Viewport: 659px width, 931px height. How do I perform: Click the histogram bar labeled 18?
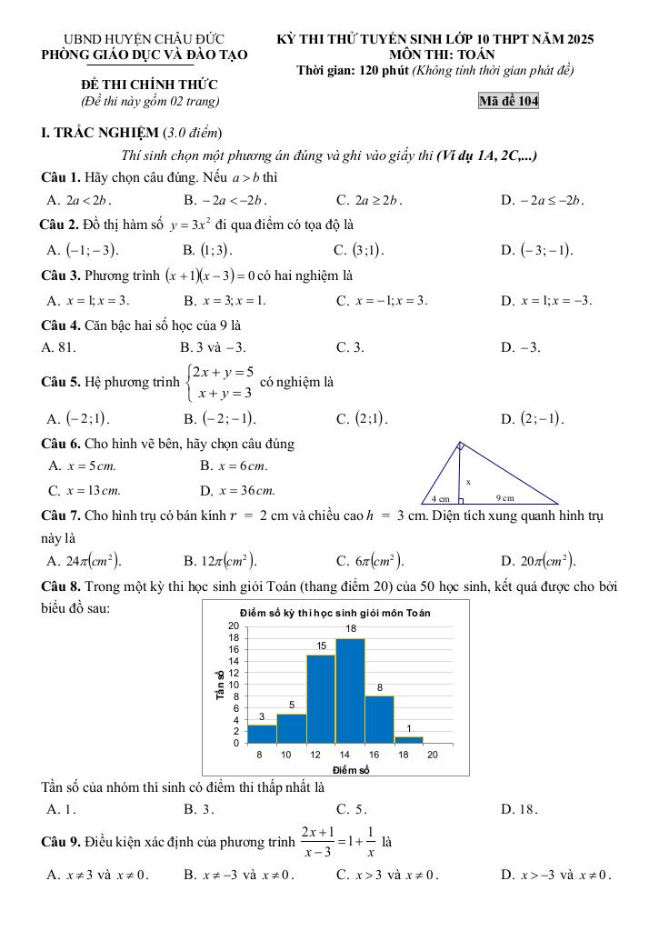350,691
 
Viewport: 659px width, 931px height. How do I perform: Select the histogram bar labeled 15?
320,699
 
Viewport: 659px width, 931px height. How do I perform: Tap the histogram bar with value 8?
379,719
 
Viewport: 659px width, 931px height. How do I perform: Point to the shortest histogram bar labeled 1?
409,739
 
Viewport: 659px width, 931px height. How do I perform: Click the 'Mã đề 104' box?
508,101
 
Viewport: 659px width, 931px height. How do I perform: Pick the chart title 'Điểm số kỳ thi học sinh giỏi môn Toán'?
334,613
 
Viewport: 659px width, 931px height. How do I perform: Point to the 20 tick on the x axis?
433,755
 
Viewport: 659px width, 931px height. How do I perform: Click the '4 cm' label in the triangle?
440,498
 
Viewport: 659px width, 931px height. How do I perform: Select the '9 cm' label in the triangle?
504,498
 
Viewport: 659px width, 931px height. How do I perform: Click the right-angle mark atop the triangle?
461,445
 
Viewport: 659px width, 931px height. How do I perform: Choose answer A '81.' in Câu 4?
59,346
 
